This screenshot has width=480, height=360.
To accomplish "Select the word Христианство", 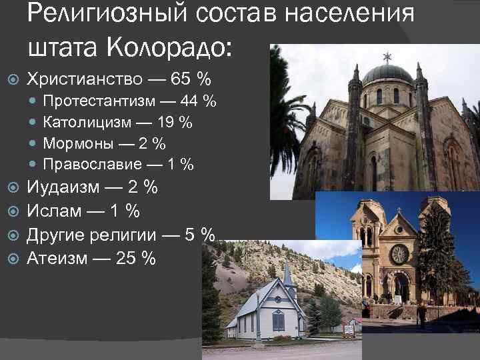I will coord(84,79).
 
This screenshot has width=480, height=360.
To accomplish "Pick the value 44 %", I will coord(199,102).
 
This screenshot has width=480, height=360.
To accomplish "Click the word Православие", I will coord(92,164).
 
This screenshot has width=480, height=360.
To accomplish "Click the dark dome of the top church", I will coord(387,74).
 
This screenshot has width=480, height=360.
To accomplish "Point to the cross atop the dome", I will coord(387,56).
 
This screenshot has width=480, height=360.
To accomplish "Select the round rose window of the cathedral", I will coord(399,254).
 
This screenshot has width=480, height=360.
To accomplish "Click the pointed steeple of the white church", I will coord(288,273).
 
